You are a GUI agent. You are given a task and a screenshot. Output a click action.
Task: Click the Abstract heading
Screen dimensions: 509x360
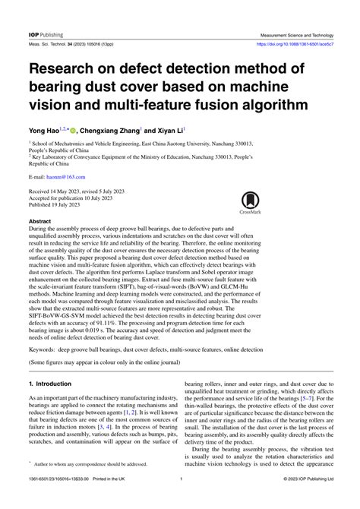(39, 222)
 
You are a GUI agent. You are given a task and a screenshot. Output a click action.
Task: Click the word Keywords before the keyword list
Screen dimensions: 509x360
(46, 349)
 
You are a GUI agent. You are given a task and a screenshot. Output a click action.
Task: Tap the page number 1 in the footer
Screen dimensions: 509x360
(179, 501)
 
